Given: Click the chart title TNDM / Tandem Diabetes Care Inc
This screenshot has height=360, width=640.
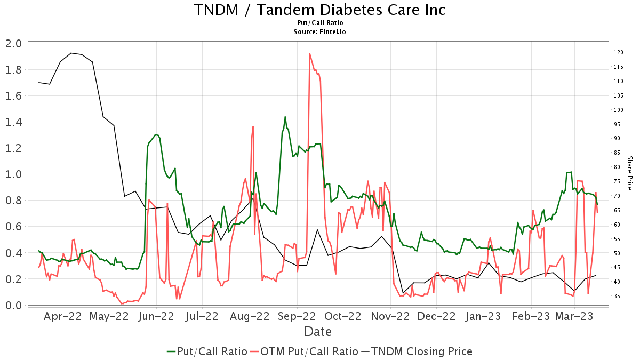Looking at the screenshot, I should [x=319, y=10].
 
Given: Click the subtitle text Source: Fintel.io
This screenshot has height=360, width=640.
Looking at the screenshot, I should [x=319, y=32].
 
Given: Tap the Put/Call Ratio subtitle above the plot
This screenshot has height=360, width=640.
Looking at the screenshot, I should [x=319, y=23].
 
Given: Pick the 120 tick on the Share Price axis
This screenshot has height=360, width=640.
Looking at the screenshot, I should [x=619, y=52].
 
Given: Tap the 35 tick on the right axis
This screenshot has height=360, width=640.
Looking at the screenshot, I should [x=617, y=295].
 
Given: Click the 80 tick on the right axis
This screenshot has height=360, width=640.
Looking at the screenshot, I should [x=617, y=167].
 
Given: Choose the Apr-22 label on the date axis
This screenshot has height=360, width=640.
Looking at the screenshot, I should [x=63, y=316].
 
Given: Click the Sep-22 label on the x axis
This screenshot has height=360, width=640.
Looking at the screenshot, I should [x=297, y=316].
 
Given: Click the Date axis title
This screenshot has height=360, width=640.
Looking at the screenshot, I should [x=318, y=332].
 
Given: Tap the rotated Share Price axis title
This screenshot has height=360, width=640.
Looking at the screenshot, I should [x=629, y=173].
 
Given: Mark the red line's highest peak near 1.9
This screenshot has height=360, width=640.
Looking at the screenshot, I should [x=309, y=53].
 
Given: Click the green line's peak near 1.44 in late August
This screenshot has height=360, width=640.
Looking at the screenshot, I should [x=285, y=117].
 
